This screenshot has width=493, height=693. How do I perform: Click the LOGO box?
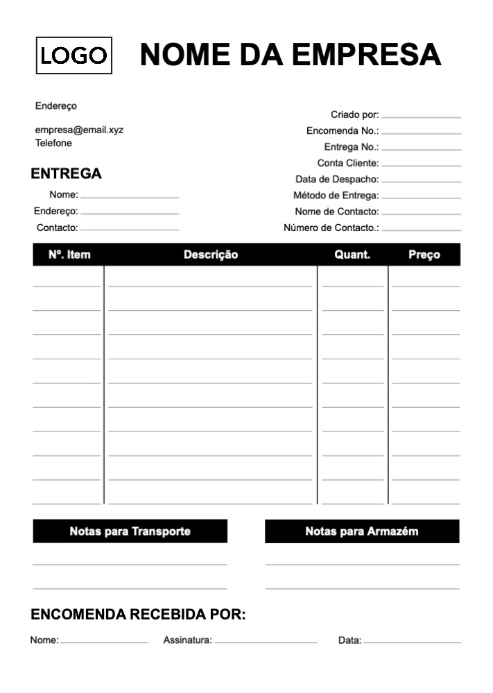coord(74,55)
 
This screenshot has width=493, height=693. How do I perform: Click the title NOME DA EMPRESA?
coord(291,54)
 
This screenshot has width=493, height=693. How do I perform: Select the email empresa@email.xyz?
coord(79,130)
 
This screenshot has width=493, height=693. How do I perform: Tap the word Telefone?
coord(53,143)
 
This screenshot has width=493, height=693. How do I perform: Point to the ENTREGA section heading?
coord(66,174)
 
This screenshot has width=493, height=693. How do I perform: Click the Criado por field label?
coord(354,114)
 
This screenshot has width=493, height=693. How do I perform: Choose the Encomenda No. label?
coord(343,130)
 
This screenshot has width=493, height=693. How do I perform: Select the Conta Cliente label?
coord(348,163)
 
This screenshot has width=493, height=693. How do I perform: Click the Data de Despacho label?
coord(337,179)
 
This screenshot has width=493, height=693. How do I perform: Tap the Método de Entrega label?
coord(336,196)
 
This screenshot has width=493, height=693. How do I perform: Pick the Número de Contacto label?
coord(331,228)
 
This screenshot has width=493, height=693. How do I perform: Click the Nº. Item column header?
coord(69,255)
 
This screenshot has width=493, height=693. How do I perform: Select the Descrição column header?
coord(211,255)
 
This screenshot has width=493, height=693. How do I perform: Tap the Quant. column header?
coord(352,255)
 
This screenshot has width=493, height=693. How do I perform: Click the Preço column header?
coord(424,255)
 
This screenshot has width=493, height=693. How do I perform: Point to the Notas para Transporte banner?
coord(130,531)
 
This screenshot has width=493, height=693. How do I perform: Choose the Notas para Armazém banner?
coord(362,531)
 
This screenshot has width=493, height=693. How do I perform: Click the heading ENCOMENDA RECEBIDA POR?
coord(139,615)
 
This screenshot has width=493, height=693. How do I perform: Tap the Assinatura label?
coord(187,640)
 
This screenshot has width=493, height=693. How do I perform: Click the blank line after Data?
coord(412,641)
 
